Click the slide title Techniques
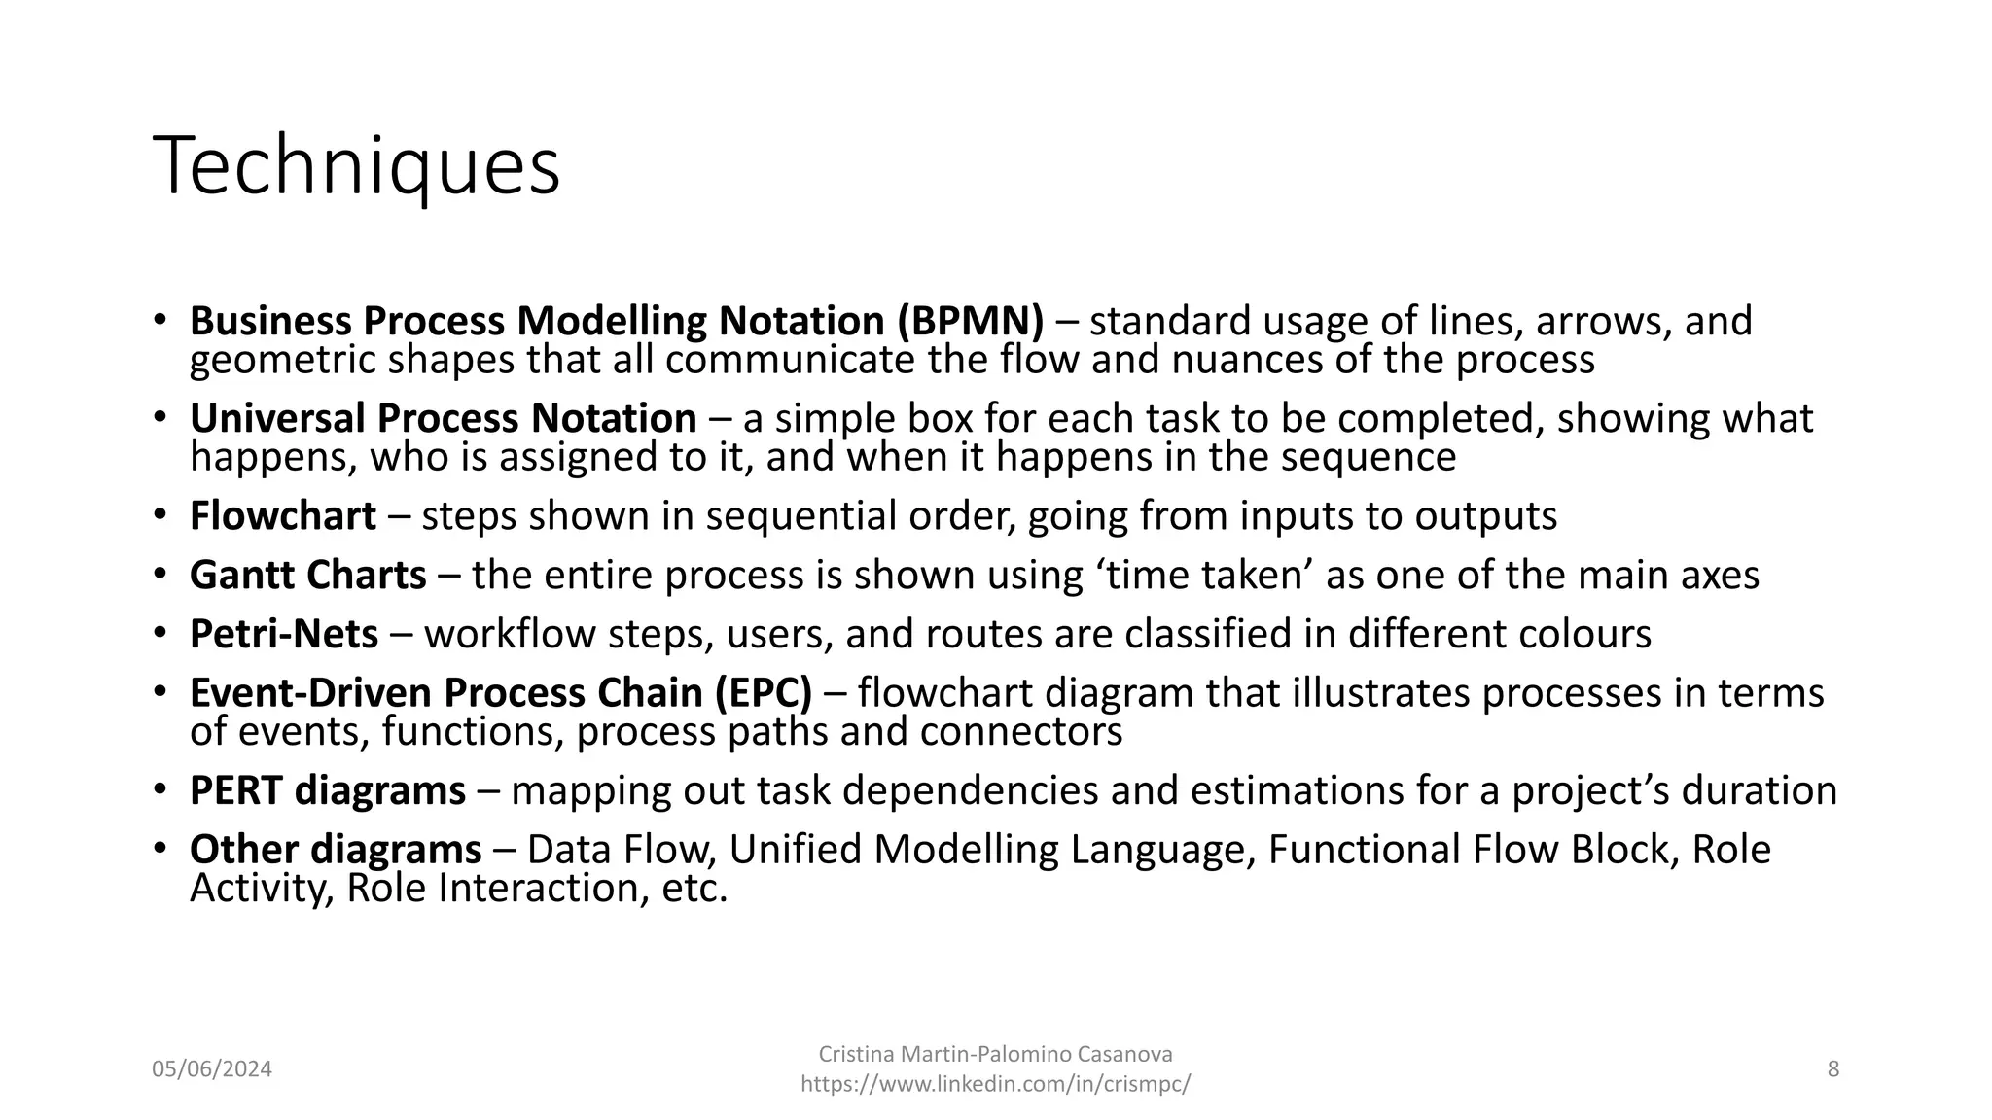point(356,167)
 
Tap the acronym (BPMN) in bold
point(970,322)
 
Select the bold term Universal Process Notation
point(443,419)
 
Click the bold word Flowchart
point(282,516)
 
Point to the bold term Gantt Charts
point(307,576)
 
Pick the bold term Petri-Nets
point(283,634)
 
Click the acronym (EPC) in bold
point(764,693)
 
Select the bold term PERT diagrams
point(327,790)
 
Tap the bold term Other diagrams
point(335,850)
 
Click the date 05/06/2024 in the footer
point(212,1069)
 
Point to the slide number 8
point(1832,1069)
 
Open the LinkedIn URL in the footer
point(995,1085)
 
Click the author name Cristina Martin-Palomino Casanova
point(995,1055)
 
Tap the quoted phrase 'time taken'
point(1204,576)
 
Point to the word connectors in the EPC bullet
point(1020,732)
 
